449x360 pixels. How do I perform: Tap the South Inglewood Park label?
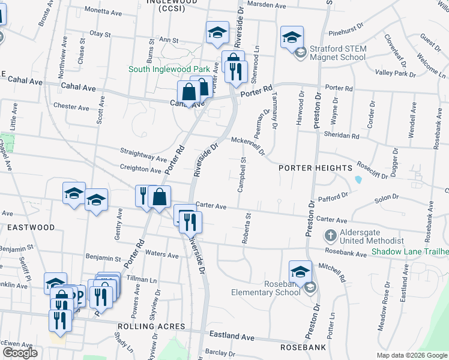pyautogui.click(x=173, y=69)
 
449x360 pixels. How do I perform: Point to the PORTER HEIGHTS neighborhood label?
pyautogui.click(x=315, y=168)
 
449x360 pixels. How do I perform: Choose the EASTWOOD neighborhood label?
pyautogui.click(x=31, y=227)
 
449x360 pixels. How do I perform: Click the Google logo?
pyautogui.click(x=19, y=353)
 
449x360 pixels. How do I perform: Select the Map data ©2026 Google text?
pyautogui.click(x=412, y=355)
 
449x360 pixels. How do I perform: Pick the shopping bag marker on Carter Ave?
pyautogui.click(x=160, y=197)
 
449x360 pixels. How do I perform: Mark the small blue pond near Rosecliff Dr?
pyautogui.click(x=358, y=179)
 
